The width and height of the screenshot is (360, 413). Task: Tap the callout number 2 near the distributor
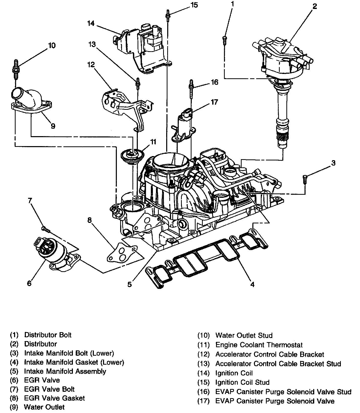314,6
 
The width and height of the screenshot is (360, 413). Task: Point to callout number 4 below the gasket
252,284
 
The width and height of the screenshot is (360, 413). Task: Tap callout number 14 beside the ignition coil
91,24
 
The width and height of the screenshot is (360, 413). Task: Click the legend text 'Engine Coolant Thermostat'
259,345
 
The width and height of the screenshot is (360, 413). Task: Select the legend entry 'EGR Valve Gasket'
54,398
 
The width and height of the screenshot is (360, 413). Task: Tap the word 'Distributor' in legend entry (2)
40,344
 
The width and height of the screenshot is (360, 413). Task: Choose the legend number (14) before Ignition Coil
204,373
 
